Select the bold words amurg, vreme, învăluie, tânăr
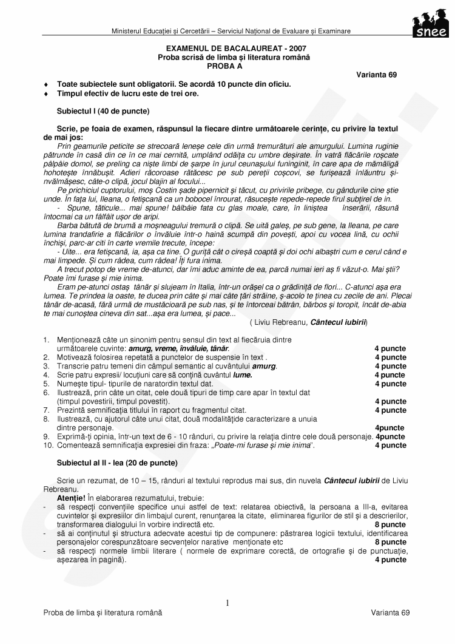[x=178, y=348]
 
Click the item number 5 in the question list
[x=46, y=384]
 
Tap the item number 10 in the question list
[x=48, y=446]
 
